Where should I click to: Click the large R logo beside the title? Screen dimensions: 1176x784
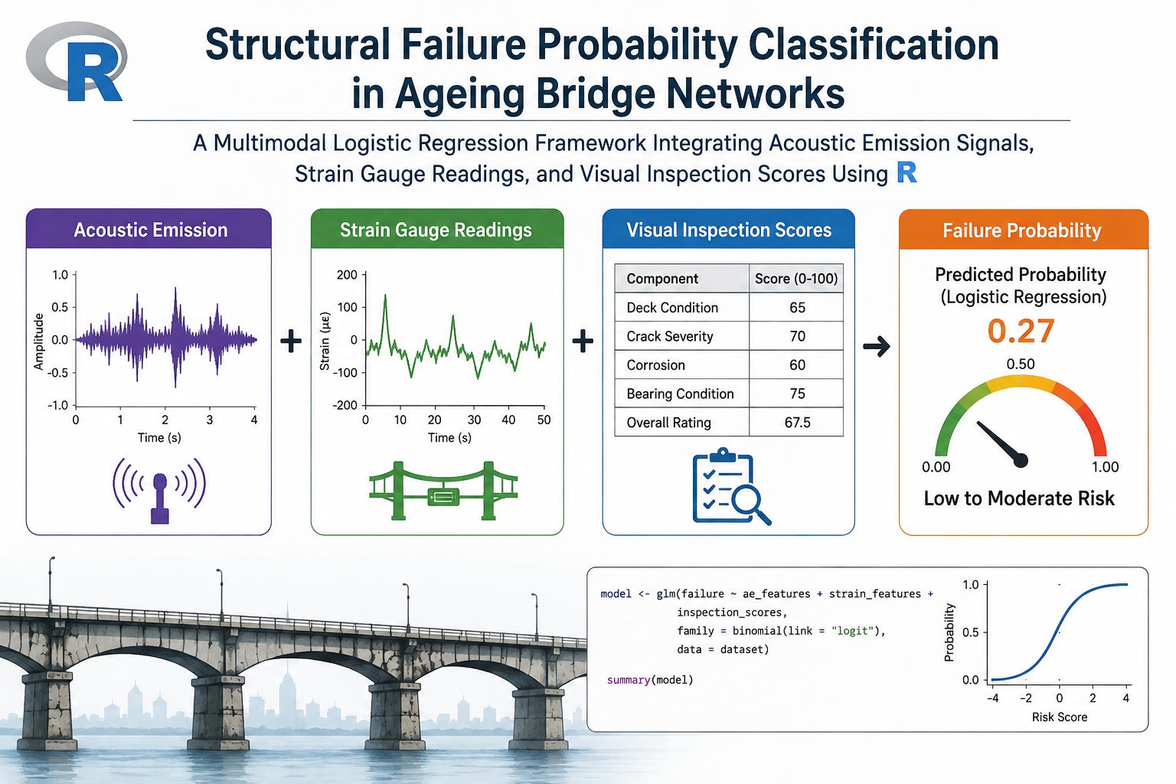(x=77, y=62)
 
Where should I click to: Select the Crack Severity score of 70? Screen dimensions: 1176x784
(x=797, y=336)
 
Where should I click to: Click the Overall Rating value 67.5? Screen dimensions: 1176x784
(x=797, y=422)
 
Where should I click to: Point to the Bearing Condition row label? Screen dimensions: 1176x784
(x=680, y=394)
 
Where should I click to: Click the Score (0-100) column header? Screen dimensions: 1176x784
(x=796, y=279)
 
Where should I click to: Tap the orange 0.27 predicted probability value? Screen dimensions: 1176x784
(x=1021, y=331)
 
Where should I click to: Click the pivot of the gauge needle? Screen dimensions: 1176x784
(x=1020, y=461)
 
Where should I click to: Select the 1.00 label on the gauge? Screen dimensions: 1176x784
(x=1105, y=467)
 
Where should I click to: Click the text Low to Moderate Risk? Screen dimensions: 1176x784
(x=1019, y=498)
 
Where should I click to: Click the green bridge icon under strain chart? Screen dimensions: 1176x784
(x=443, y=490)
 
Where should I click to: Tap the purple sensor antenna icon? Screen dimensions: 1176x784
(x=159, y=490)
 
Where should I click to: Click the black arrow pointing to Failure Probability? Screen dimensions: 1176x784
(x=876, y=346)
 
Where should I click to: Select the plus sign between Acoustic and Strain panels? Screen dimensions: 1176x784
(x=291, y=341)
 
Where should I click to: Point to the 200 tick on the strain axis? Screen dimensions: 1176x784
(x=347, y=275)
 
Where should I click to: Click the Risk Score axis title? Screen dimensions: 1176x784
(x=1059, y=717)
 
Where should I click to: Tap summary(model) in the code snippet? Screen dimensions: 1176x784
(x=650, y=680)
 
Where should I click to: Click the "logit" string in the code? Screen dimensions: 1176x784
(x=853, y=631)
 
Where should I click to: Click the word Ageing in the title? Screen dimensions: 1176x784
(x=459, y=94)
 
